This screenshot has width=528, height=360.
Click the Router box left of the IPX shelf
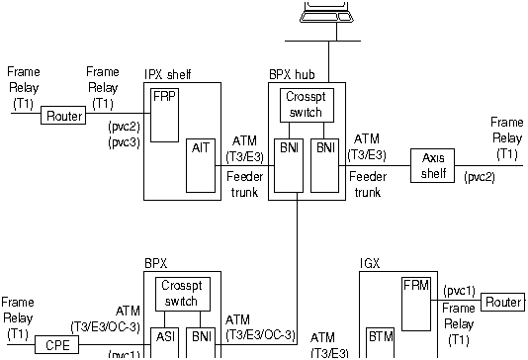(61, 116)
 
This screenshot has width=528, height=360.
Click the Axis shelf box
(434, 163)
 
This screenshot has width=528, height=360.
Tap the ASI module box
(165, 341)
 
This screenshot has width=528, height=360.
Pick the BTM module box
(381, 341)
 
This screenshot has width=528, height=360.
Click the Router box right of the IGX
(503, 301)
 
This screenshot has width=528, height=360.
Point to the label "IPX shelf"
(168, 73)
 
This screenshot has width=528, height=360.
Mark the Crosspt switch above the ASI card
(179, 293)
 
